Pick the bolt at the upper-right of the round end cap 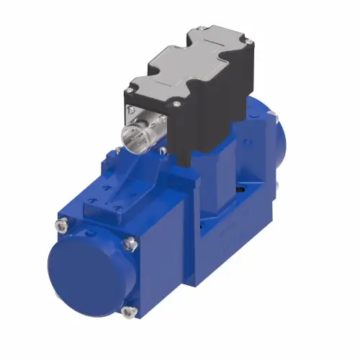(x=130, y=245)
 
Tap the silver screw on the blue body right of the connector (x=163, y=150)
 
